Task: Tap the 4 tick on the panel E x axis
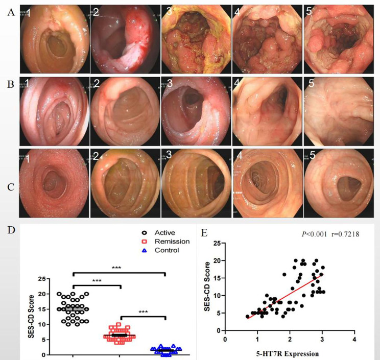point(354,338)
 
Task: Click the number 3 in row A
point(175,12)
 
